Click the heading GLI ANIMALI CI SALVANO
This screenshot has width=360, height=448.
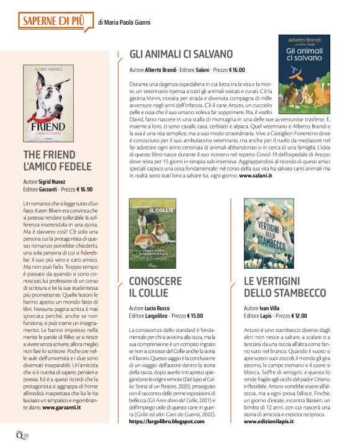pos(181,54)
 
